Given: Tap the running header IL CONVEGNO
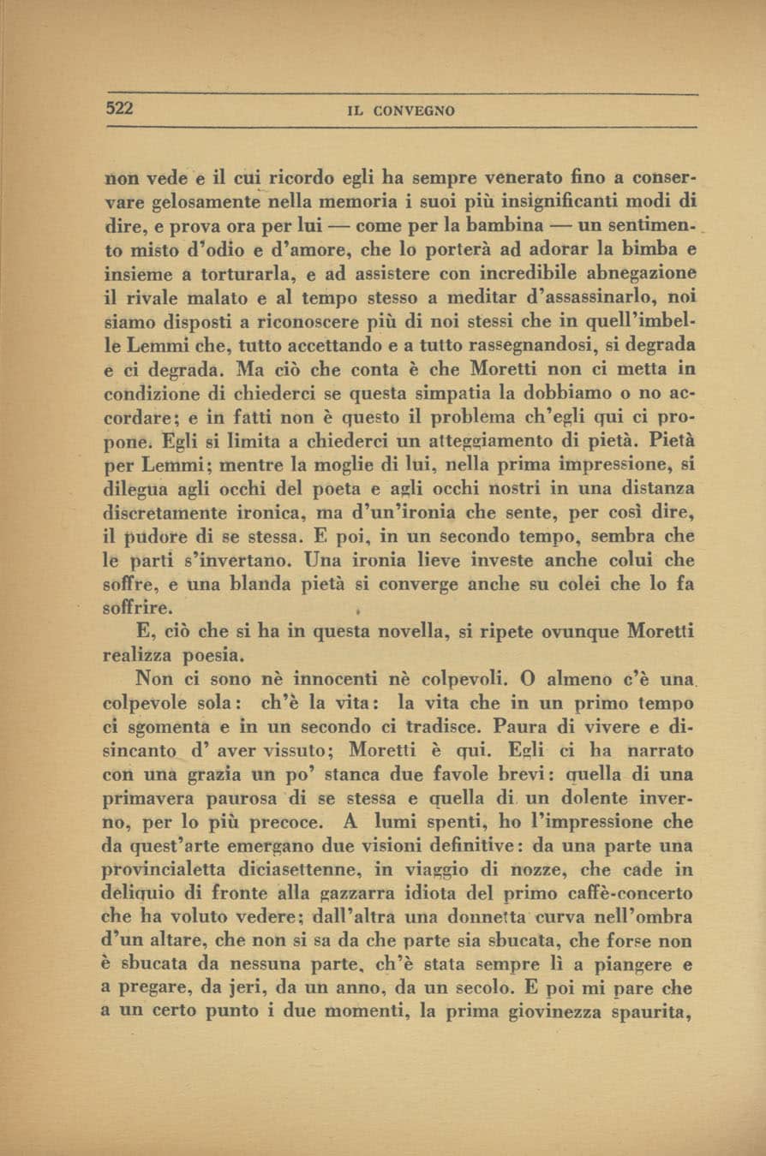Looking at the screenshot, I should (x=401, y=111).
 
